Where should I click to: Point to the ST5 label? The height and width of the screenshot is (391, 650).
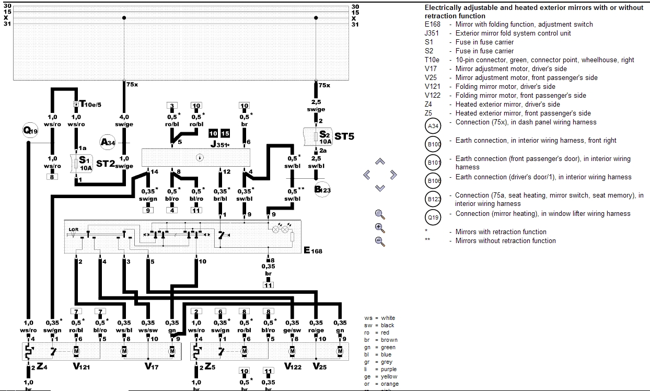pyautogui.click(x=344, y=136)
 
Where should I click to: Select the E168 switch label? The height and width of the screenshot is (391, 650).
pyautogui.click(x=313, y=250)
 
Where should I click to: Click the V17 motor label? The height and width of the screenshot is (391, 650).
pyautogui.click(x=152, y=367)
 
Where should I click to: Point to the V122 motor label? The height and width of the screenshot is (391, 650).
pyautogui.click(x=293, y=367)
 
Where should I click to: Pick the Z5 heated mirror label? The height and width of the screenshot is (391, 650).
pyautogui.click(x=209, y=367)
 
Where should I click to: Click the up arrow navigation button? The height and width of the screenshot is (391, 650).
pyautogui.click(x=380, y=162)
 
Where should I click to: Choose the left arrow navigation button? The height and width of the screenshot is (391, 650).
pyautogui.click(x=367, y=175)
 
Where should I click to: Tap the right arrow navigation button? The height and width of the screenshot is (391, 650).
pyautogui.click(x=393, y=175)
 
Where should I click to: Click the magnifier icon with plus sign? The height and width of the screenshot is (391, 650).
pyautogui.click(x=380, y=227)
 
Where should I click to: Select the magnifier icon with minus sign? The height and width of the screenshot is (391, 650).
pyautogui.click(x=380, y=241)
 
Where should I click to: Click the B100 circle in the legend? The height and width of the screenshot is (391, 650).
pyautogui.click(x=434, y=144)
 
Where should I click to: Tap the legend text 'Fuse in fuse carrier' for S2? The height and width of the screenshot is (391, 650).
pyautogui.click(x=484, y=51)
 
